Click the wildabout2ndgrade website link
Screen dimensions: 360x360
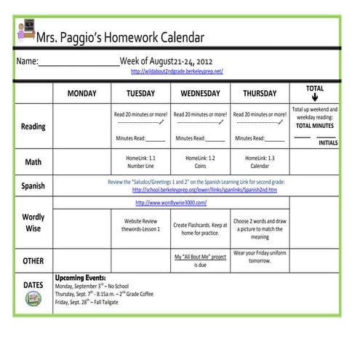pyautogui.click(x=177, y=71)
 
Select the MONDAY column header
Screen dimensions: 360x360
pyautogui.click(x=81, y=94)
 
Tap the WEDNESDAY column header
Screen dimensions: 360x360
pyautogui.click(x=200, y=94)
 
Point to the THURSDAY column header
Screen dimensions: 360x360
pyautogui.click(x=259, y=94)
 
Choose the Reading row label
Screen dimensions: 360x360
pyautogui.click(x=33, y=127)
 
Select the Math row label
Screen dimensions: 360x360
pyautogui.click(x=33, y=161)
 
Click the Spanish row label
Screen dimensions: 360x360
pyautogui.click(x=33, y=185)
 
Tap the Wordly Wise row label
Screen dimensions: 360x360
pyautogui.click(x=33, y=223)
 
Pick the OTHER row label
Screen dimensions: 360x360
pyautogui.click(x=33, y=260)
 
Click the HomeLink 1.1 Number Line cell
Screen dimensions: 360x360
pyautogui.click(x=140, y=161)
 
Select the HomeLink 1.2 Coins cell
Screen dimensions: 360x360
pyautogui.click(x=200, y=161)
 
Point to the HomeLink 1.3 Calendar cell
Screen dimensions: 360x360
pyautogui.click(x=260, y=161)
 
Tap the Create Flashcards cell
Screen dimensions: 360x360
pyautogui.click(x=200, y=228)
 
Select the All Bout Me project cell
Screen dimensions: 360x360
pyautogui.click(x=200, y=260)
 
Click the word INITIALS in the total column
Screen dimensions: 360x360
pyautogui.click(x=329, y=143)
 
